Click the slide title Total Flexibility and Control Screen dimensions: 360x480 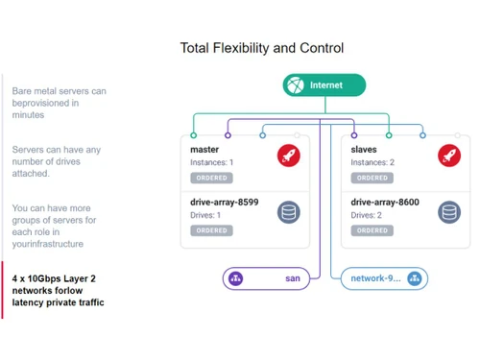(261, 48)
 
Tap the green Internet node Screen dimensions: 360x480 (324, 85)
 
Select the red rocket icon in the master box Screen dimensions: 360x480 (288, 155)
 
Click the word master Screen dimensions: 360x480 (204, 149)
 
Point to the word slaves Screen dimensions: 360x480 (364, 149)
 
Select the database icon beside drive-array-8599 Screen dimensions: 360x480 (288, 212)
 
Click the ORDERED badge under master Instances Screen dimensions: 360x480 (210, 178)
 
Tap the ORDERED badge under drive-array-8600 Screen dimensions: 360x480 (371, 230)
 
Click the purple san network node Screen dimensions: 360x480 (266, 278)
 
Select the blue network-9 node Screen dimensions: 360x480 (384, 278)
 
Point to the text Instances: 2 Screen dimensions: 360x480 (372, 162)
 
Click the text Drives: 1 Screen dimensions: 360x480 (205, 215)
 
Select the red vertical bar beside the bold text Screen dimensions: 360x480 (3, 290)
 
